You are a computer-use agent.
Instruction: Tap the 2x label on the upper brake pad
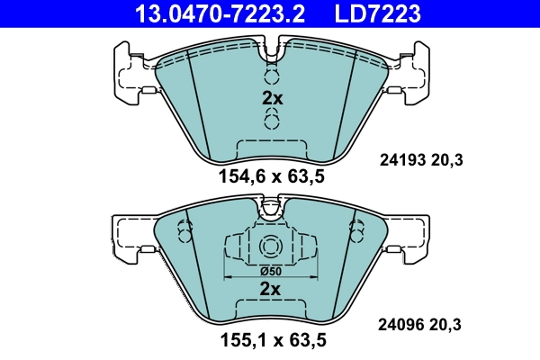271,98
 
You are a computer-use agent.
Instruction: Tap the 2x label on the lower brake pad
270,289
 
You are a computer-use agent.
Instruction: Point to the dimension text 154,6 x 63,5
270,177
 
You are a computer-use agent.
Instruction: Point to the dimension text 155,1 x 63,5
270,341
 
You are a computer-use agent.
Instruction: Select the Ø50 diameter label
270,271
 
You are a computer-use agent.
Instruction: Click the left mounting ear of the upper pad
130,72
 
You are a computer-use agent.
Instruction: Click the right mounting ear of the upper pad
412,72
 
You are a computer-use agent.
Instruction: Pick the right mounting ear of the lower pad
413,236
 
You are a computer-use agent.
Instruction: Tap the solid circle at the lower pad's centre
270,247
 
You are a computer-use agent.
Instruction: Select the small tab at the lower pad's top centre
270,210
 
